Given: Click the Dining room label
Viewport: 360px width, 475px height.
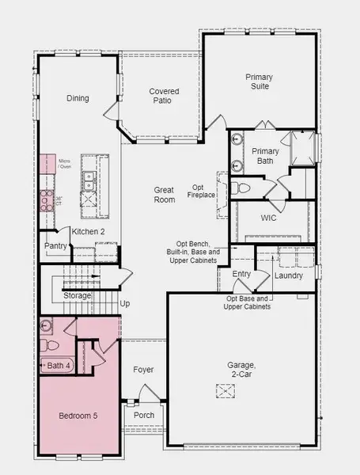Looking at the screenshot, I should point(78,98).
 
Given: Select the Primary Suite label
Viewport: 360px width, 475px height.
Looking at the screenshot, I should point(259,82).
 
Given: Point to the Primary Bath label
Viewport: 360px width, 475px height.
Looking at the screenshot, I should point(266,156).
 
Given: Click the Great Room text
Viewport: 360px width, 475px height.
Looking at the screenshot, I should point(164,195).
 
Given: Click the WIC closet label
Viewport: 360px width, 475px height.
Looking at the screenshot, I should point(267,216).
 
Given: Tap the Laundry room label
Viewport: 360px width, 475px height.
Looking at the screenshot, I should point(288,275).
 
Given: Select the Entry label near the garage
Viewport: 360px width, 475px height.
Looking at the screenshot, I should point(241,274).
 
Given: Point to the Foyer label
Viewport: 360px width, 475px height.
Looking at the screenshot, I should point(143,370).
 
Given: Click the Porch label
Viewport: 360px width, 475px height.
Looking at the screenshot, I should point(144,415).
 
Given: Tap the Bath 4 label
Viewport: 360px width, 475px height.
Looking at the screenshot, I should point(59,365).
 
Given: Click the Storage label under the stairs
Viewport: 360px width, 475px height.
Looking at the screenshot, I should point(78,295).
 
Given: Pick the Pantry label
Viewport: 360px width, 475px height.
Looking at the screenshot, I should point(54,246).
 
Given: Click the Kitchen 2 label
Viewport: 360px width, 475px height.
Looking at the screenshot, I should point(88,231).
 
